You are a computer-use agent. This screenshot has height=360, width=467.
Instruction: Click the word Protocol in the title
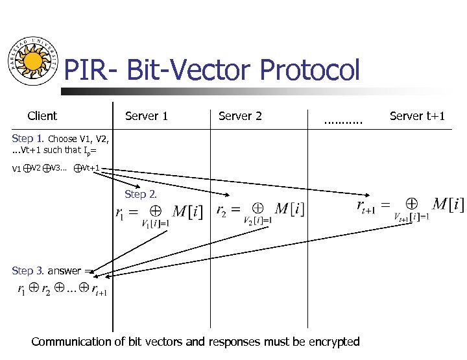coord(309,70)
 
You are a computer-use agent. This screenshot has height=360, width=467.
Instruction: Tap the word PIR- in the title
coord(91,70)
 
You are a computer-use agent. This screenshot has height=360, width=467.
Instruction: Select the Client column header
coord(42,116)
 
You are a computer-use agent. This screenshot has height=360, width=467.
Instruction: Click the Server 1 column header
coord(147,116)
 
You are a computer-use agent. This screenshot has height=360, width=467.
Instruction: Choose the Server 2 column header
coord(240,116)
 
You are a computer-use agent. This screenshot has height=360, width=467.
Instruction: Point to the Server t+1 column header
coord(417,116)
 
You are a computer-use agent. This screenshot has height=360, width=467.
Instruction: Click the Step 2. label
coord(140,194)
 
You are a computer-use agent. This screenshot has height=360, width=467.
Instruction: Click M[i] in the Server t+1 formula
coord(448,204)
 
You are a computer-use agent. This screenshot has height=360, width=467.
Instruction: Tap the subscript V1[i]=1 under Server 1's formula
coord(155,224)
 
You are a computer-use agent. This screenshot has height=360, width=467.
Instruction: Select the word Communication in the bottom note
coord(71,341)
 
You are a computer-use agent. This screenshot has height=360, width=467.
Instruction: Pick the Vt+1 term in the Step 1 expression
coord(91,168)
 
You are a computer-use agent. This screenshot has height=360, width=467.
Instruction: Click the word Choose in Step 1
coord(62,139)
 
